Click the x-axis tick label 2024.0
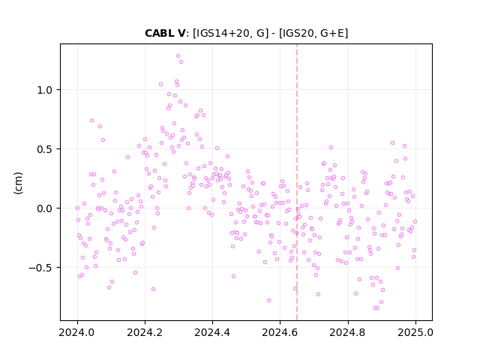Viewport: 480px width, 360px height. pos(77,332)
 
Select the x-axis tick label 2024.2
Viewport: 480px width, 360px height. pos(145,332)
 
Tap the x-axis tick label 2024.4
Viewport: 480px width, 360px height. pos(212,332)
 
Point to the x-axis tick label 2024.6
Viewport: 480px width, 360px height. pos(280,332)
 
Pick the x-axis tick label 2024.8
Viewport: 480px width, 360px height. pos(348,332)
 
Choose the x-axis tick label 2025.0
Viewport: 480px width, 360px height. pos(415,332)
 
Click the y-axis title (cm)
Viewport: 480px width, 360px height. pos(18,183)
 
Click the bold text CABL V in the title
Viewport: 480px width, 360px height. pos(165,33)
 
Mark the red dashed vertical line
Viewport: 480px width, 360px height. pos(297,182)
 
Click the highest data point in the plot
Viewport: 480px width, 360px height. pos(178,56)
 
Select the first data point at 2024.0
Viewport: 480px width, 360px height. pos(77,208)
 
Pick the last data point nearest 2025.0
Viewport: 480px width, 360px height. pos(415,222)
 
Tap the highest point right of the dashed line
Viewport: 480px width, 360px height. pos(392,143)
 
